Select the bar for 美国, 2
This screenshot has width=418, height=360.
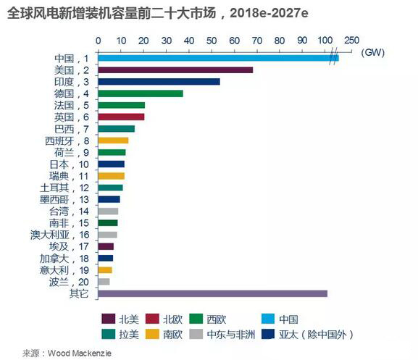pyautogui.click(x=175, y=70)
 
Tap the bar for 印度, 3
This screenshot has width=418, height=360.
pyautogui.click(x=158, y=82)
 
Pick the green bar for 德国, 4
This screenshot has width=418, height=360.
pyautogui.click(x=140, y=93)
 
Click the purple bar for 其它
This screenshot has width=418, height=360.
pyautogui.click(x=212, y=293)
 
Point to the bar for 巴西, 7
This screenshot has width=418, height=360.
pyautogui.click(x=116, y=129)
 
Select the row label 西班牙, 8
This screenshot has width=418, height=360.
pyautogui.click(x=67, y=141)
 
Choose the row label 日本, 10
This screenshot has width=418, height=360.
pyautogui.click(x=69, y=164)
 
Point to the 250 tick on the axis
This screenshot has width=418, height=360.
pyautogui.click(x=352, y=40)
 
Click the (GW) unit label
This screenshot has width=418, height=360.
pyautogui.click(x=372, y=52)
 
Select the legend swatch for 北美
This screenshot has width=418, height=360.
pyautogui.click(x=109, y=319)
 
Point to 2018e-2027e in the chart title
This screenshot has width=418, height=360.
pyautogui.click(x=264, y=13)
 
